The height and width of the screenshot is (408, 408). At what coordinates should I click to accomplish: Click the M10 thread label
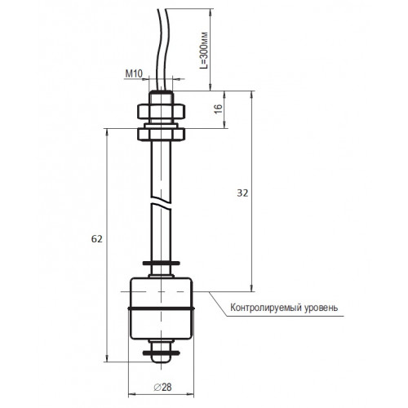(134, 73)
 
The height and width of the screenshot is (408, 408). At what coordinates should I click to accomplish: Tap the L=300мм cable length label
(204, 51)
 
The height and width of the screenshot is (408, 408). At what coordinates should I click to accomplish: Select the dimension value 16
(219, 109)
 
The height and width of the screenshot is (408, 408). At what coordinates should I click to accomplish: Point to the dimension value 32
(242, 193)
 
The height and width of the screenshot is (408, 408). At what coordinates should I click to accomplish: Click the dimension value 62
(97, 239)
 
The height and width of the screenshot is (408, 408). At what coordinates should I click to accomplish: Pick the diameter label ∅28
(162, 387)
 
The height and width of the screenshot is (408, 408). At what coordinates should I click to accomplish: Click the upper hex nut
(162, 112)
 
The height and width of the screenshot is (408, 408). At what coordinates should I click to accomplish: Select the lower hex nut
(162, 135)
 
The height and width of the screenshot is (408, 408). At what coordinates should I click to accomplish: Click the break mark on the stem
(162, 203)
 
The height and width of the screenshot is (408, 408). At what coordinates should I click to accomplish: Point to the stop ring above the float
(162, 264)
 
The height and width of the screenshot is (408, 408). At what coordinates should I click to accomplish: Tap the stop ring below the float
(162, 353)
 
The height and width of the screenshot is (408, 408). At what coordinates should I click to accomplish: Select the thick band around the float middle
(162, 308)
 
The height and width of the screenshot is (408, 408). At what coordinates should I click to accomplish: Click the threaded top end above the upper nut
(161, 97)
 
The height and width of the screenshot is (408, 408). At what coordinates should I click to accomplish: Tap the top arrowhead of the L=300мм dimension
(211, 12)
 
